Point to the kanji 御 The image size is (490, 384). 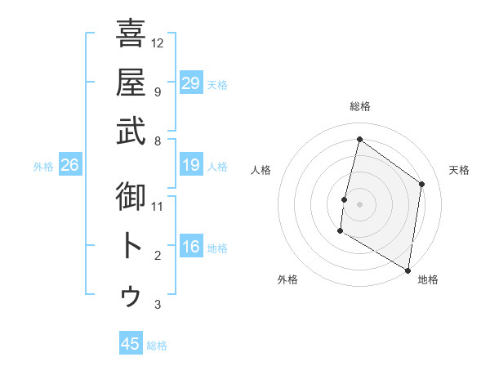131,197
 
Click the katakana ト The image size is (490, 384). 131,246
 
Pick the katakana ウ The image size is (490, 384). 131,295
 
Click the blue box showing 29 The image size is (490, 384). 190,83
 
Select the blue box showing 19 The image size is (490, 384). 190,166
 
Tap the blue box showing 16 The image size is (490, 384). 190,248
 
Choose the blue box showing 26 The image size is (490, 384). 70,166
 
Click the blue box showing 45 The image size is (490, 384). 130,344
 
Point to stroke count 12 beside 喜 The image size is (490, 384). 158,42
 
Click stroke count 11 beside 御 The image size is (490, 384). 158,207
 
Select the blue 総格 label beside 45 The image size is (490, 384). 157,346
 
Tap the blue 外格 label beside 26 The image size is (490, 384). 43,167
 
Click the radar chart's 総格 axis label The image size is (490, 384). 359,107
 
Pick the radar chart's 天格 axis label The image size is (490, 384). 459,170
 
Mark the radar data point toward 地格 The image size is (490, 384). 408,270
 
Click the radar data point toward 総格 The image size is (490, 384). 359,140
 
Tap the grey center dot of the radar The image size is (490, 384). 359,204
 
